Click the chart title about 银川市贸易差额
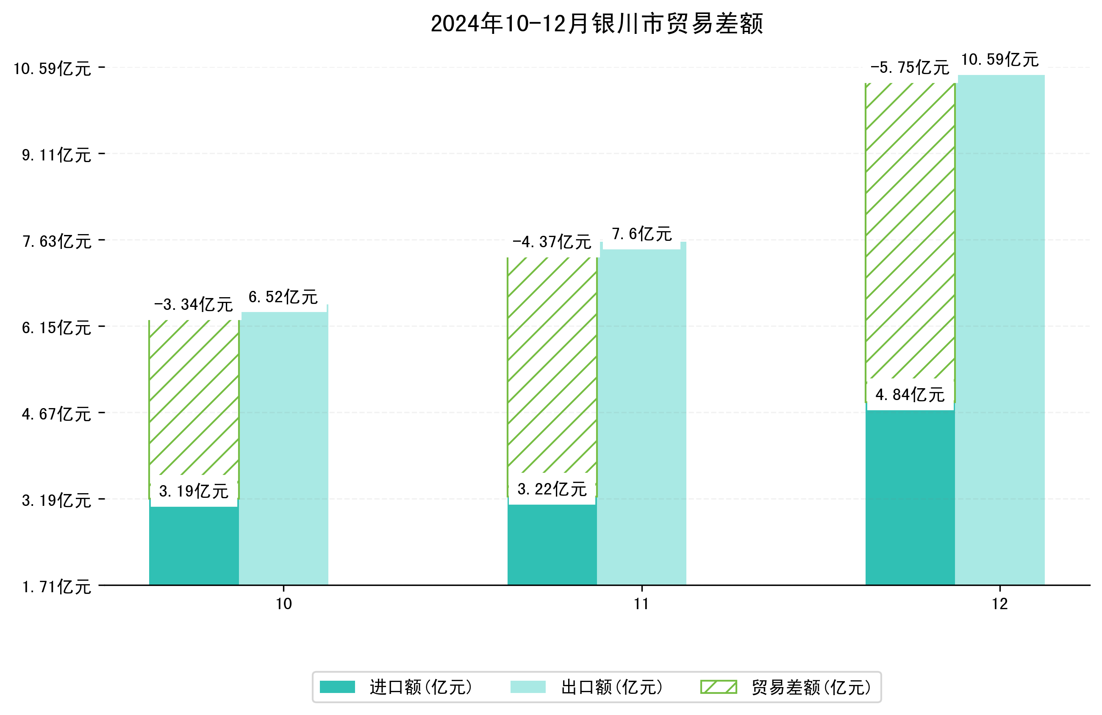(597, 24)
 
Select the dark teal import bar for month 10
(194, 546)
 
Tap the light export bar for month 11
(641, 417)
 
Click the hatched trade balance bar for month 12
(910, 232)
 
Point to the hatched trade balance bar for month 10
(194, 398)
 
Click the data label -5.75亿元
(909, 68)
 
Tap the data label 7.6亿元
(641, 234)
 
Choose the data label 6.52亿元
(283, 297)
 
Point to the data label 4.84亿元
(910, 395)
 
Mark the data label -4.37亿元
(552, 242)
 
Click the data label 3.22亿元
(552, 489)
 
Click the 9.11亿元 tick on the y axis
(56, 155)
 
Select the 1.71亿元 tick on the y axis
(56, 587)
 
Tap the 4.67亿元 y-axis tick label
(56, 414)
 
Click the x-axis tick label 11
(641, 604)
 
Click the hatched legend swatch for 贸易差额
(718, 687)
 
